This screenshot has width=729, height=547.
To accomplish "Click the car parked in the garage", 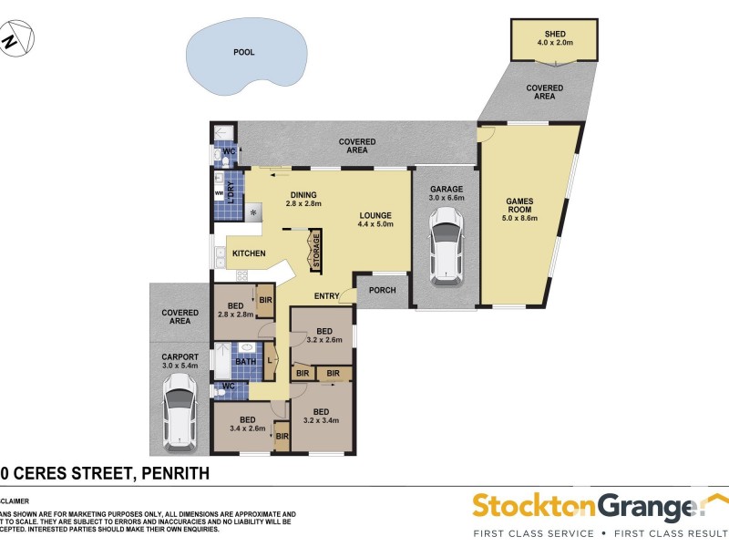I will point(446,243).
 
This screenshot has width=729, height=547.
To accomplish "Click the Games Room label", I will point(521,209).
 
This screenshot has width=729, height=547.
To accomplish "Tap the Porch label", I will point(383,291).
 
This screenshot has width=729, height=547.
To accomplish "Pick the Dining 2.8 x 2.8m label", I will point(303,200).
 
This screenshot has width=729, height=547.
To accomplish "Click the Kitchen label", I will point(249,253).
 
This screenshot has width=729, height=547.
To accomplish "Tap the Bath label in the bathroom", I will point(245,362).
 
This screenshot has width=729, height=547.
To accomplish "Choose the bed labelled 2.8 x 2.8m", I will point(234,309).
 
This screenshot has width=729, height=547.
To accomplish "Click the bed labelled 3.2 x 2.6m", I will point(323,335).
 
